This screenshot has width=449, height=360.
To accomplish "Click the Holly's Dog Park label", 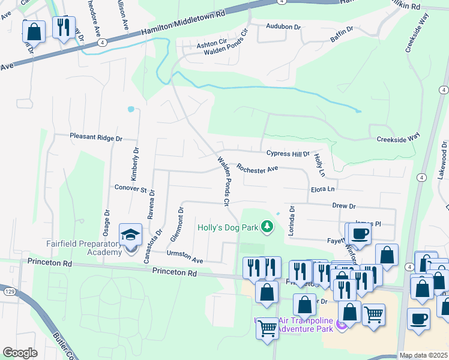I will pos(228,227).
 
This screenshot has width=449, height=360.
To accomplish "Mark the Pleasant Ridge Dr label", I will pos(95,137).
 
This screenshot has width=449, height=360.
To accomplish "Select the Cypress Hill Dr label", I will pos(284,154).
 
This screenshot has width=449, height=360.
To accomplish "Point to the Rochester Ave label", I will pos(257,169).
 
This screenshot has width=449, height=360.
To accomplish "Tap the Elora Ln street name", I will pos(322,188).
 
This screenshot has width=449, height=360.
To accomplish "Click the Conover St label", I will pos(130,189).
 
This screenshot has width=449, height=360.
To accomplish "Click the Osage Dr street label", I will pos(107,221).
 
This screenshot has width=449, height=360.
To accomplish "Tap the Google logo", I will pos(20,353).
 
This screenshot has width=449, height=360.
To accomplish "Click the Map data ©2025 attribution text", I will pos(423,355).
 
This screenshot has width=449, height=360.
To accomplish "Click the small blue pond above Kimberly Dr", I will pos(131,109).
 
